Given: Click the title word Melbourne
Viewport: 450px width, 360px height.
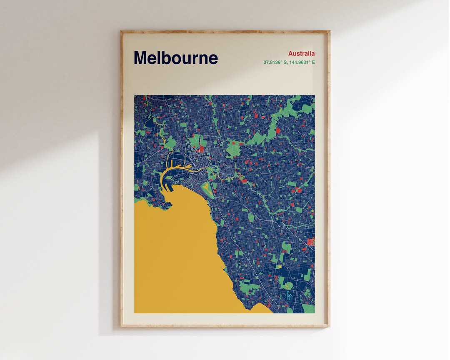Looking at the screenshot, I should [x=175, y=58].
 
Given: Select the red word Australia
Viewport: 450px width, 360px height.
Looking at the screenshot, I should [x=301, y=53].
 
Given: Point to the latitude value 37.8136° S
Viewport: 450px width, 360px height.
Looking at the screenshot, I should [x=274, y=62].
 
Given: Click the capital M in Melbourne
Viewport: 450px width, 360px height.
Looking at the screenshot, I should [x=140, y=58].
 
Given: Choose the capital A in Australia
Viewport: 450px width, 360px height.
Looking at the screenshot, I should [x=290, y=53].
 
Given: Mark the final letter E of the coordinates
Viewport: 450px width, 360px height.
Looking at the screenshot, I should [x=313, y=62].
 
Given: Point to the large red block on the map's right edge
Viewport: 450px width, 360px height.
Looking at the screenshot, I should [x=310, y=241].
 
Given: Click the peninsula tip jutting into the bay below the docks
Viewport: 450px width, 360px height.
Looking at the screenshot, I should [x=168, y=205].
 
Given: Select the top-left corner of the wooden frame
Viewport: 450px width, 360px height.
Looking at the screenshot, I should [x=122, y=31].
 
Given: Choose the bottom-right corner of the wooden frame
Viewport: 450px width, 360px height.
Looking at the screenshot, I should [x=329, y=326].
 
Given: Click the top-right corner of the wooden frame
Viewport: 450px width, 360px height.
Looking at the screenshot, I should [x=329, y=31].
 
